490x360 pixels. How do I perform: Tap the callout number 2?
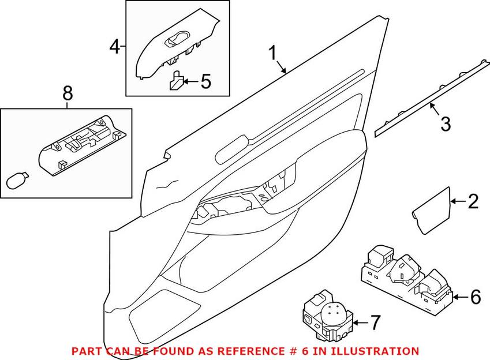point(473,201)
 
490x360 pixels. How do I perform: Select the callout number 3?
point(445,122)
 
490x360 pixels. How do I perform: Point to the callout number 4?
point(115,46)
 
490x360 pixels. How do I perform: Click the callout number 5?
point(205,81)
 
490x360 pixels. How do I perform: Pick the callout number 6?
point(475,297)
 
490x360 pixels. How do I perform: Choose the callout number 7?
point(375,322)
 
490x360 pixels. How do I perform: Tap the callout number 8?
point(68,92)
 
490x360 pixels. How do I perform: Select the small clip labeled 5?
point(176,81)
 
